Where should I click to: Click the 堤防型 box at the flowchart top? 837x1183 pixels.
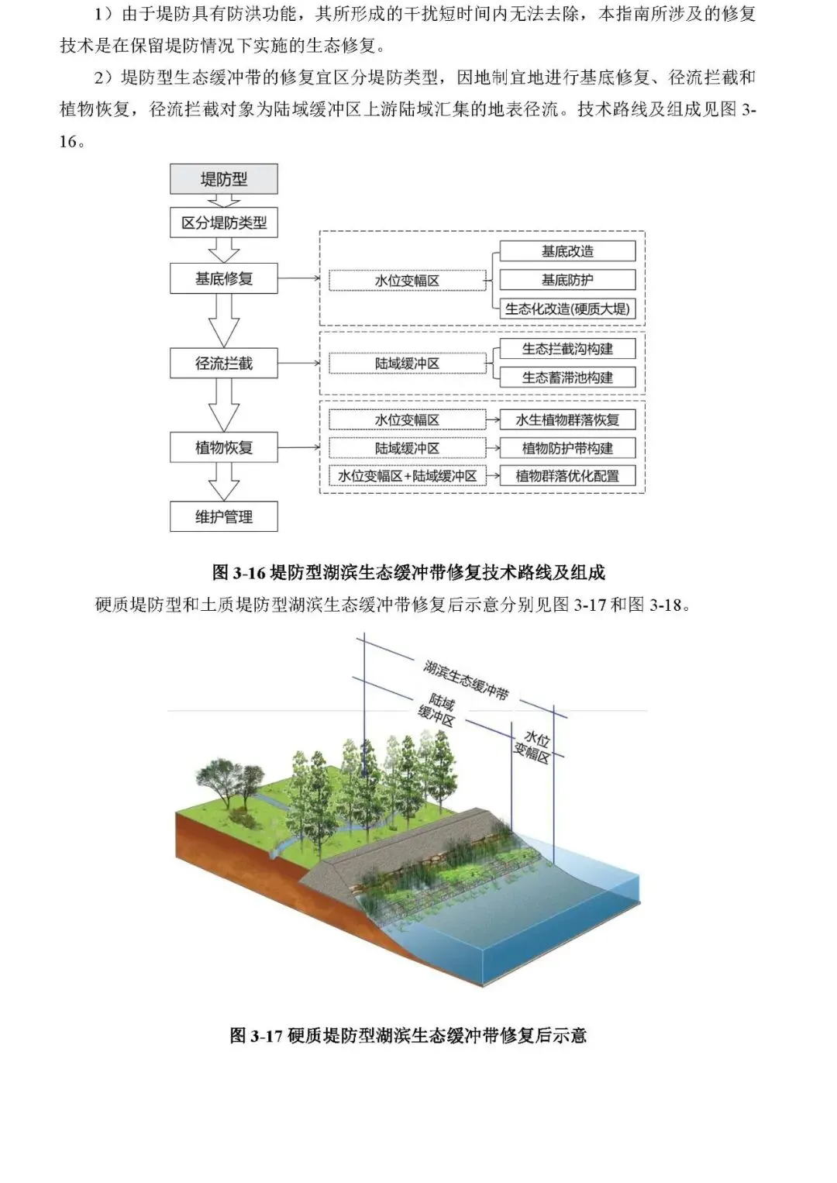[224, 179]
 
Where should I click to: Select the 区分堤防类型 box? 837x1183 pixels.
[224, 223]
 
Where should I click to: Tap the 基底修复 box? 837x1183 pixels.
[224, 278]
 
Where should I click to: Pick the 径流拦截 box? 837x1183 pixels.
[224, 363]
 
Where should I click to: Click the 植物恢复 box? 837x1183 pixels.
[224, 447]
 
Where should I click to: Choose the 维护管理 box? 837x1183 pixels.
[224, 516]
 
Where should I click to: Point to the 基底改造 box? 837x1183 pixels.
[567, 251]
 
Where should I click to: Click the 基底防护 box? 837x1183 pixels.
[567, 280]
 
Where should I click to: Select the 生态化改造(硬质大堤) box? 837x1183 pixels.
[567, 309]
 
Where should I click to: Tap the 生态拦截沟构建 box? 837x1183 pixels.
[567, 349]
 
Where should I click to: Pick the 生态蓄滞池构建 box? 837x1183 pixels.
[567, 378]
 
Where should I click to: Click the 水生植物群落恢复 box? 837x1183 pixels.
[567, 420]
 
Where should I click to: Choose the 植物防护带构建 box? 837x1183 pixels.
[567, 448]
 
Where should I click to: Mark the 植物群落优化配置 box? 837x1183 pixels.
[567, 476]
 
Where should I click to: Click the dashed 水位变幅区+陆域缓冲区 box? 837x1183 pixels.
[407, 476]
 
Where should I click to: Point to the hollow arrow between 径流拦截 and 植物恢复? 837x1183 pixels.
[224, 405]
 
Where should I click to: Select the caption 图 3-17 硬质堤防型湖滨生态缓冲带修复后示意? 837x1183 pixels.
[408, 1036]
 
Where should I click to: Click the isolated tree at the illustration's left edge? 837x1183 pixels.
[226, 779]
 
